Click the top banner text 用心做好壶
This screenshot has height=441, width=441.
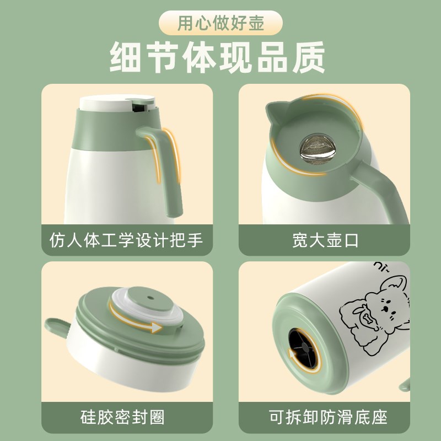pyautogui.click(x=220, y=24)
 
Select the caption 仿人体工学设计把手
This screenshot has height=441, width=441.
pyautogui.click(x=127, y=240)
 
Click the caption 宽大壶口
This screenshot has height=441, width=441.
pyautogui.click(x=324, y=240)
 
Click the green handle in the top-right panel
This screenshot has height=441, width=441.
pyautogui.click(x=380, y=190)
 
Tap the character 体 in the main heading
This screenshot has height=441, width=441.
pyautogui.click(x=219, y=57)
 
